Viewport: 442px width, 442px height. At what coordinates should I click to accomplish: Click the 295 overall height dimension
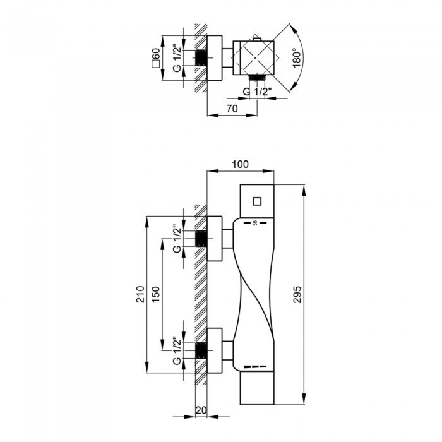click(297, 295)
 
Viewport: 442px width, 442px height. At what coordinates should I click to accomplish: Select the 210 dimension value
click(140, 294)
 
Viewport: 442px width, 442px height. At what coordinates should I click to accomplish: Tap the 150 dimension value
click(156, 294)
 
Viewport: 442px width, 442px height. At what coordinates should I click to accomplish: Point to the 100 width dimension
click(240, 164)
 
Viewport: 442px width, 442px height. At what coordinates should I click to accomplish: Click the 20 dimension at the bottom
click(201, 410)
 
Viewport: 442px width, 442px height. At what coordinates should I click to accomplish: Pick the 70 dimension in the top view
click(232, 109)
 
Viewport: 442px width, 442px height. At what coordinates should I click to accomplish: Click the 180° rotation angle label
click(297, 58)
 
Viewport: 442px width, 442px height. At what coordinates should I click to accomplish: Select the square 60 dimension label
click(156, 58)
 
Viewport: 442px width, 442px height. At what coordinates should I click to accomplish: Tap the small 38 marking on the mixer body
click(255, 223)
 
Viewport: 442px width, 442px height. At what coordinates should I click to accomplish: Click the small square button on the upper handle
click(257, 201)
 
